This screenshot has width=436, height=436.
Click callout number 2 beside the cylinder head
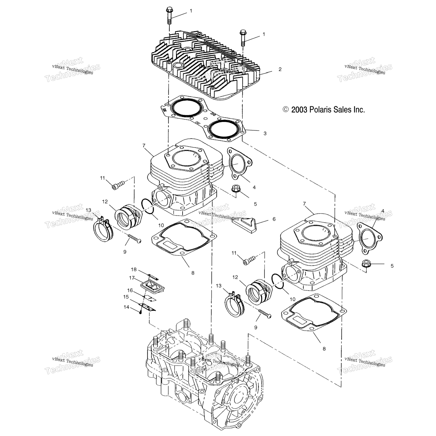[280, 69]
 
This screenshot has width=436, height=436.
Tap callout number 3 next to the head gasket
[265, 133]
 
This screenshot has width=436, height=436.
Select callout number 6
[274, 219]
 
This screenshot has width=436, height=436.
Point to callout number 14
[126, 307]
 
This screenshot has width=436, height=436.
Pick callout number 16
[130, 290]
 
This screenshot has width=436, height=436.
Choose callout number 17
[132, 278]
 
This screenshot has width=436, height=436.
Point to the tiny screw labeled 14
[141, 312]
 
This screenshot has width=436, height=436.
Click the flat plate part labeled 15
[148, 307]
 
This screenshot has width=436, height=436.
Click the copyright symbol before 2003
[286, 110]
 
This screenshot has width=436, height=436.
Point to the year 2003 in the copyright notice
[299, 110]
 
